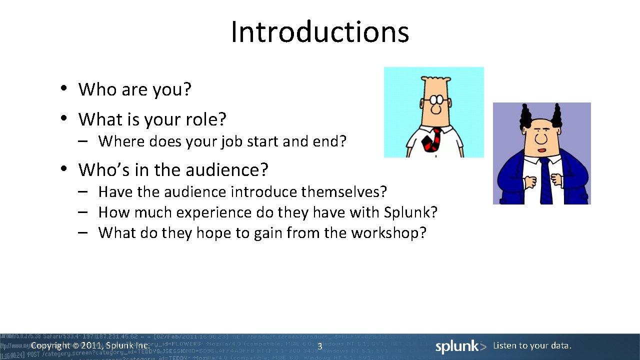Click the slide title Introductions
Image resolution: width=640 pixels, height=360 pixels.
320,31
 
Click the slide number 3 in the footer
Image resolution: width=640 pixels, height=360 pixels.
319,346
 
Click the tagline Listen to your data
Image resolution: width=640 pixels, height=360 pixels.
532,345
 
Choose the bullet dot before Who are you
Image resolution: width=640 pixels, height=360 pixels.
63,88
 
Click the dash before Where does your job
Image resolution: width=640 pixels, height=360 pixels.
83,141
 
